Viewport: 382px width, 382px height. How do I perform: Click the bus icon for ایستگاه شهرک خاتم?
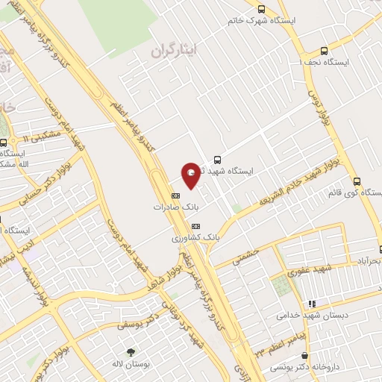click(260, 8)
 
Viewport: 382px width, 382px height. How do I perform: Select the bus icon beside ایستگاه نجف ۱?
click(323, 51)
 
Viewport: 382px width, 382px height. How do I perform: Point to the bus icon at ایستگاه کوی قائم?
click(356, 181)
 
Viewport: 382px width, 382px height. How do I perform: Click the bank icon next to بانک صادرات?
click(175, 195)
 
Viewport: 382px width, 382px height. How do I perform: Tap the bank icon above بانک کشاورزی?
click(195, 225)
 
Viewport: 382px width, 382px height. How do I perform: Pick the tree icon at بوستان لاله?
click(131, 351)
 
